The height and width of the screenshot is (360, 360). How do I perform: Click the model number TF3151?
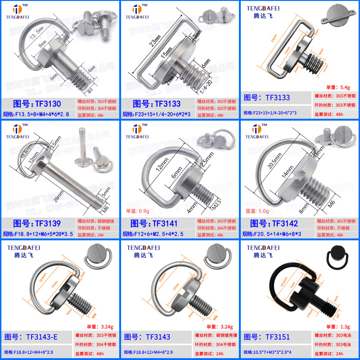pyautogui.click(x=278, y=336)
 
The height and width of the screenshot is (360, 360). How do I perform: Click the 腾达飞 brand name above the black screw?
pyautogui.click(x=264, y=255)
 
